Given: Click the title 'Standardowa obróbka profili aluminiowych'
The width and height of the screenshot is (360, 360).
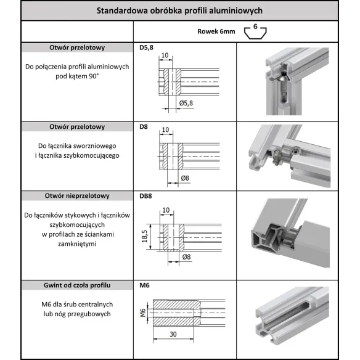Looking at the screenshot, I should click(179, 10).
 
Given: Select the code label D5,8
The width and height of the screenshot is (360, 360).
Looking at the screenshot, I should click(146, 47).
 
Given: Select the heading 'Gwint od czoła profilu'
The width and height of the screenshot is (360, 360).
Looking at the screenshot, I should click(77, 285).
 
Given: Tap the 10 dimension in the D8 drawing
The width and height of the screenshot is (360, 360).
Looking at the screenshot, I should click(165, 130).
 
